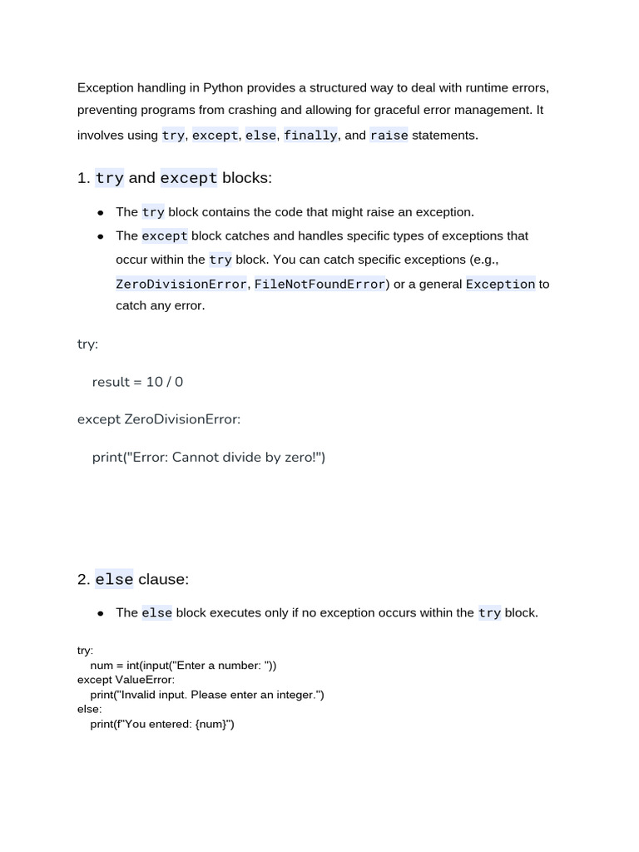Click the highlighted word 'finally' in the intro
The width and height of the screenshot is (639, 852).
310,135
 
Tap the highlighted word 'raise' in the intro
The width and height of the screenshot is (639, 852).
389,135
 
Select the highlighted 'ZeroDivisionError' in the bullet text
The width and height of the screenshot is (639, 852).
181,284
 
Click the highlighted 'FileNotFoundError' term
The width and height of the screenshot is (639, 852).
320,284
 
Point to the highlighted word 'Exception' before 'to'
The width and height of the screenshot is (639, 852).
500,284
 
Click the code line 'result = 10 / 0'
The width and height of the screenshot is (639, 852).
137,382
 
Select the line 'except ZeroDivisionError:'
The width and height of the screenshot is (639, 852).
159,419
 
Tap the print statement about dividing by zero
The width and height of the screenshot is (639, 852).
209,457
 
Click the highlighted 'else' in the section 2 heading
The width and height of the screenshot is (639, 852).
114,579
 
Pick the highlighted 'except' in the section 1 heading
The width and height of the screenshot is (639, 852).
189,178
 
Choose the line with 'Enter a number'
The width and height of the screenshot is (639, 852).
183,665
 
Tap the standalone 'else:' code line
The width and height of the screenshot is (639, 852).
90,709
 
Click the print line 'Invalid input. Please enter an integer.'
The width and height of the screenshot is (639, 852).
207,695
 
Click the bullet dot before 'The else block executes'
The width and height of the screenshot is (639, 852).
100,613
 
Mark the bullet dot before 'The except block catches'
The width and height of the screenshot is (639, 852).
100,236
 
